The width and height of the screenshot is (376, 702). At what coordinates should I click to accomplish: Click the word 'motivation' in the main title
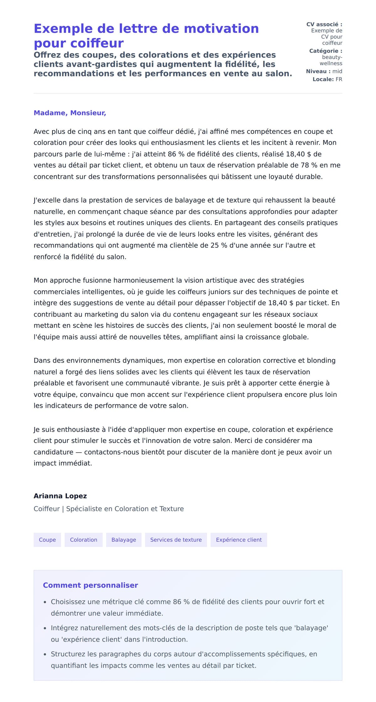[x=221, y=29]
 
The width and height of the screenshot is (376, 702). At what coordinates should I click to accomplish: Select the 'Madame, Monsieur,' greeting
[x=70, y=113]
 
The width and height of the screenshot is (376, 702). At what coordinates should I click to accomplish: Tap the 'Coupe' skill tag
[x=47, y=540]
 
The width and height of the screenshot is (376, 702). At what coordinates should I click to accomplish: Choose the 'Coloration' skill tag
[x=84, y=540]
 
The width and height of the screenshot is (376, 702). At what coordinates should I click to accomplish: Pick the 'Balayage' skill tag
[x=124, y=540]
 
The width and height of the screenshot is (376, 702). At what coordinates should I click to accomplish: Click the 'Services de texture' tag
[x=176, y=540]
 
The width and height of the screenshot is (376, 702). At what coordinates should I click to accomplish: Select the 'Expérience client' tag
[x=239, y=540]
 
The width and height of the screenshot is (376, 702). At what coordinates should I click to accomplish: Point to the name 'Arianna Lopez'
[x=60, y=496]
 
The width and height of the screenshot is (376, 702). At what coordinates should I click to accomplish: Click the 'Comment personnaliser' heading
[x=90, y=585]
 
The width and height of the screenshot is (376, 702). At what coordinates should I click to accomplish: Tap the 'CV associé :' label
[x=324, y=24]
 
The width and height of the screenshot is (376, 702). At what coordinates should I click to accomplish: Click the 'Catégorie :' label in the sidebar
[x=326, y=51]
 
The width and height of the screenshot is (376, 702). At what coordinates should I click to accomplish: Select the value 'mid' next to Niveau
[x=337, y=71]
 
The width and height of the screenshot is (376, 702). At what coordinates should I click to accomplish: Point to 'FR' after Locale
[x=339, y=79]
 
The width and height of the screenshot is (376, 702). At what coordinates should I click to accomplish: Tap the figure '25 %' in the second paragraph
[x=219, y=245]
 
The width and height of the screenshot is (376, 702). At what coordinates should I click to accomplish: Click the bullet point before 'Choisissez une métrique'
[x=45, y=602]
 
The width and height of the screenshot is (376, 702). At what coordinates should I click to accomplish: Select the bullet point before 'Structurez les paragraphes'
[x=45, y=654]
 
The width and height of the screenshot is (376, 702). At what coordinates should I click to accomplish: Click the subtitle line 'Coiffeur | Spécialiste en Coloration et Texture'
[x=109, y=509]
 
